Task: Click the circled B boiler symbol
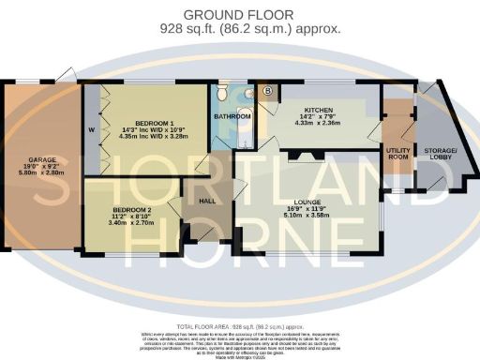pos(268,91)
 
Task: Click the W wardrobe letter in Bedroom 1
pos(91,128)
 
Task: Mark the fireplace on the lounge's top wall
pos(302,155)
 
